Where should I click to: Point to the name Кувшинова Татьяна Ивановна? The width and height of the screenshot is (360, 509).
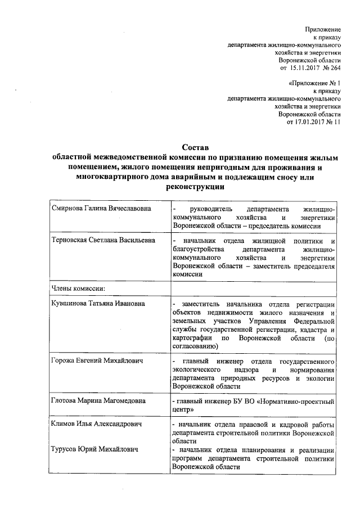(x=97, y=304)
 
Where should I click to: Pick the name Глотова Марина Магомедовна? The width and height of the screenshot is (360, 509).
(x=98, y=400)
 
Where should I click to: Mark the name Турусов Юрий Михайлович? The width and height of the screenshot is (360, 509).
(x=93, y=449)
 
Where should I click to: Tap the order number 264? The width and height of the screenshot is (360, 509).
(x=335, y=67)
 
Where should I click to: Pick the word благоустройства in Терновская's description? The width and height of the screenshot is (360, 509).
(x=201, y=249)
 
